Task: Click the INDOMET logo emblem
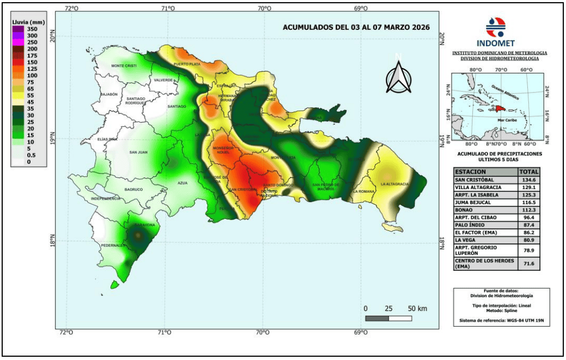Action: pyautogui.click(x=495, y=26)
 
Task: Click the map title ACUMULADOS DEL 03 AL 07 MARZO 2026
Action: pyautogui.click(x=356, y=27)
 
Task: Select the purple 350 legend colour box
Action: pyautogui.click(x=19, y=29)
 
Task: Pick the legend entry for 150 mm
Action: pyautogui.click(x=19, y=62)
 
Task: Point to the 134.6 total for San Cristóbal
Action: pyautogui.click(x=526, y=180)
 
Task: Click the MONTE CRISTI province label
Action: pyautogui.click(x=124, y=66)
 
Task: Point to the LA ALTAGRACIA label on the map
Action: pyautogui.click(x=395, y=184)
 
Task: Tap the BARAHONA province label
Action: pyautogui.click(x=144, y=224)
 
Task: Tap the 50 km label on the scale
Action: pyautogui.click(x=417, y=309)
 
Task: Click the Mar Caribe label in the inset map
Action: pyautogui.click(x=506, y=119)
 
